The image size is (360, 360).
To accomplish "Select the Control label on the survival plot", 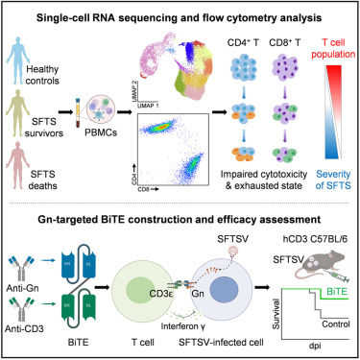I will click(326, 320).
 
